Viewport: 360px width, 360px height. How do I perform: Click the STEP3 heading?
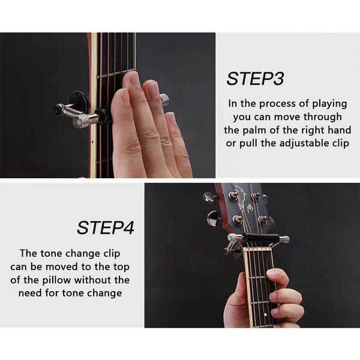[x=255, y=79]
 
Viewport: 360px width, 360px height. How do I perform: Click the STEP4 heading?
[x=105, y=227]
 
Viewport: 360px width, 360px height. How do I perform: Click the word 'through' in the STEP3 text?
[x=321, y=116]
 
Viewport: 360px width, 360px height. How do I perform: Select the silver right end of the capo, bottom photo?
[x=283, y=239]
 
